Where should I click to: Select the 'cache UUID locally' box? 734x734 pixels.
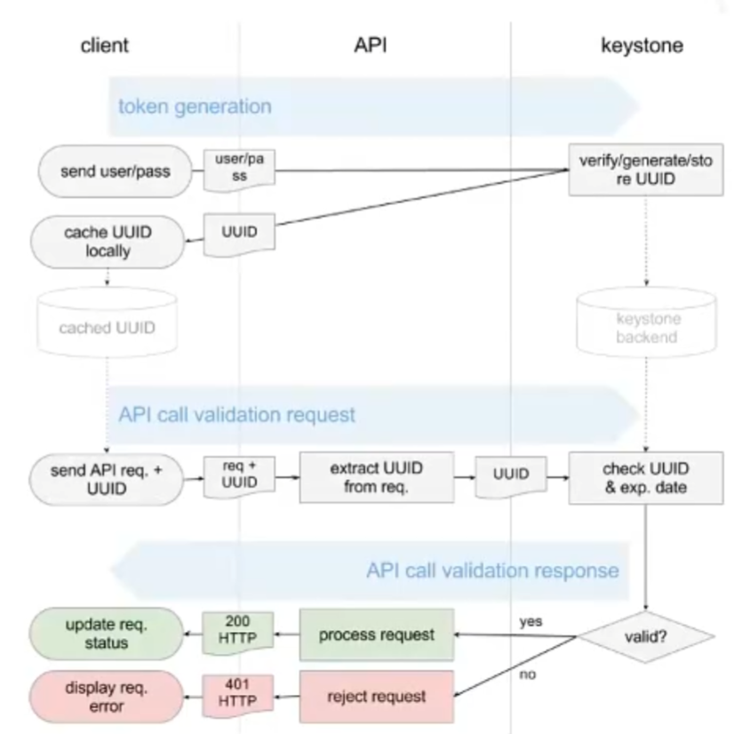108,241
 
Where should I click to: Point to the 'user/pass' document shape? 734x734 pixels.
239,166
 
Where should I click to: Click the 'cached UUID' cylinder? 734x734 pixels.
108,327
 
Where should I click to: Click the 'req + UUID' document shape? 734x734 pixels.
239,475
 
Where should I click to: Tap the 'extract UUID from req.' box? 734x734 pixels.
376,476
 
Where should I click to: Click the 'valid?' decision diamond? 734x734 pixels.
646,636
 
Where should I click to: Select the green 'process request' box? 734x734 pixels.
376,634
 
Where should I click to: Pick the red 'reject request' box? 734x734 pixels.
376,697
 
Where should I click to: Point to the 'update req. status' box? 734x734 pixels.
108,634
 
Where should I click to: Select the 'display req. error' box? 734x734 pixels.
108,697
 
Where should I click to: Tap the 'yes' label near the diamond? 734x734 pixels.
531,622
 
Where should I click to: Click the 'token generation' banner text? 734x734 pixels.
195,107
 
